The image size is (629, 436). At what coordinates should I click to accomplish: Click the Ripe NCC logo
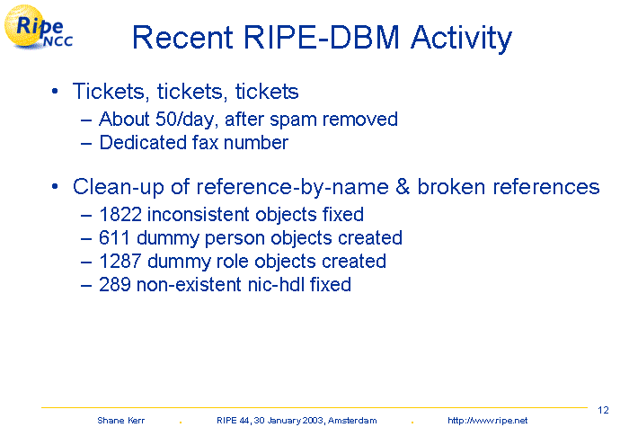[x=38, y=27]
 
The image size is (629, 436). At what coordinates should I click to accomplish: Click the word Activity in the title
[x=461, y=39]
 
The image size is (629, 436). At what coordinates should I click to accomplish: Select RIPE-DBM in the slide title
[x=322, y=38]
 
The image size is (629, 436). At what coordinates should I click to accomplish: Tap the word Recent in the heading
[x=183, y=38]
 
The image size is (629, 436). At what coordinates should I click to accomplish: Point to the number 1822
[x=120, y=214]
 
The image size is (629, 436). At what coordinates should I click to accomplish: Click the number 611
[x=114, y=237]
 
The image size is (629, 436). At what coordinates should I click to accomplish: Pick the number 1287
[x=120, y=262]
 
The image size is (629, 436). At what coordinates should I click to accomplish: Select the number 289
[x=115, y=285]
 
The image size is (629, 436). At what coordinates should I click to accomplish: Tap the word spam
[x=293, y=120]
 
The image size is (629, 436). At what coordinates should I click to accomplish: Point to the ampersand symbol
[x=403, y=187]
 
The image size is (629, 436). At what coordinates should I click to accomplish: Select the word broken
[x=451, y=187]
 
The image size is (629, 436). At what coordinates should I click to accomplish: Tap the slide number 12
[x=603, y=410]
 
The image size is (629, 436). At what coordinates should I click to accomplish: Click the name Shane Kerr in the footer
[x=120, y=421]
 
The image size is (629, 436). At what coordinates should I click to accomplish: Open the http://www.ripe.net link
[x=487, y=421]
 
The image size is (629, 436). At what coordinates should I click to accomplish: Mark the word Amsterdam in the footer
[x=352, y=421]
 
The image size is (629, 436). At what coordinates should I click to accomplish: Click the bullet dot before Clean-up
[x=55, y=186]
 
